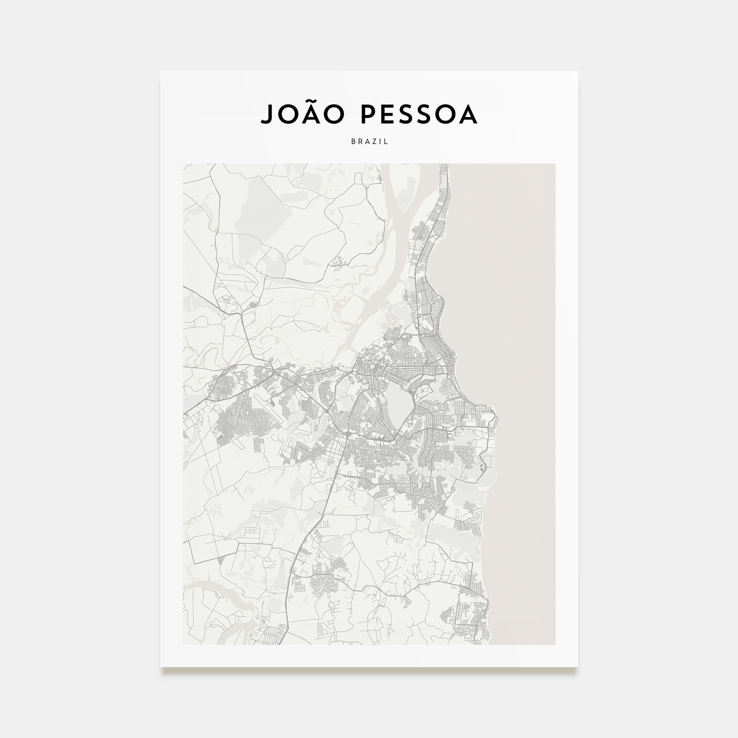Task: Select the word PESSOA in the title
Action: coord(419,114)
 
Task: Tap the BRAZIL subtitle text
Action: coord(369,141)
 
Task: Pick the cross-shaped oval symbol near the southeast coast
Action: coord(482,466)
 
